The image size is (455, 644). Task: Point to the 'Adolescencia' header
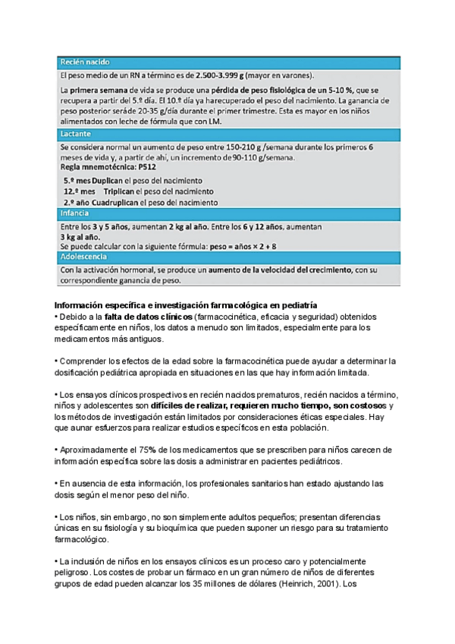point(86,257)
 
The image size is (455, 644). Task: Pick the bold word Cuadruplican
point(116,203)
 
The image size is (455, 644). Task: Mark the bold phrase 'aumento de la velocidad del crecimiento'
point(275,269)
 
